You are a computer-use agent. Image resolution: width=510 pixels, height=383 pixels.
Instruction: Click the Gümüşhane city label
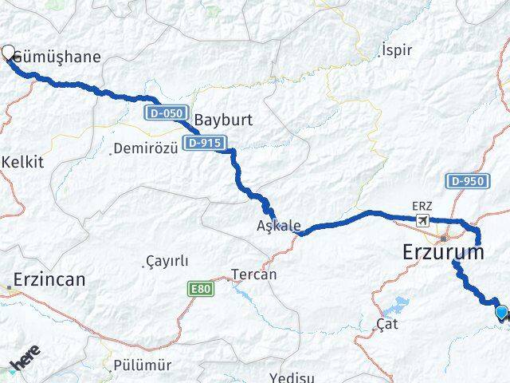[61, 57]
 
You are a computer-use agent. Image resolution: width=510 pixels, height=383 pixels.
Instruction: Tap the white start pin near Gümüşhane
[9, 53]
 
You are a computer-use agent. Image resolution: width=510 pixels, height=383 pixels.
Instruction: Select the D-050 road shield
[163, 113]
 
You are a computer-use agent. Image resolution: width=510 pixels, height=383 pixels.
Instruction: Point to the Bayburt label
[222, 120]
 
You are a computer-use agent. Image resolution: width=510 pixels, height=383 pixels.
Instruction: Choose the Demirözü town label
[143, 148]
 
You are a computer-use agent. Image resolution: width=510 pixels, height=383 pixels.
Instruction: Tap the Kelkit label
[23, 161]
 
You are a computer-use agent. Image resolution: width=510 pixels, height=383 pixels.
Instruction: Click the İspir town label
[397, 49]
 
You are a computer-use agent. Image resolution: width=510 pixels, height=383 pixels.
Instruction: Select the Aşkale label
[279, 226]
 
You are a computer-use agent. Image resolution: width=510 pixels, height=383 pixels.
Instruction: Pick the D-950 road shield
[467, 181]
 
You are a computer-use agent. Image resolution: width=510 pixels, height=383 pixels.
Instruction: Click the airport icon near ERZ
[422, 219]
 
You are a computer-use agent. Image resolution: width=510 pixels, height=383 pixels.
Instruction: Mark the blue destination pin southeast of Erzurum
[501, 313]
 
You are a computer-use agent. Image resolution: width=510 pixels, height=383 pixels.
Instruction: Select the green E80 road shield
[202, 289]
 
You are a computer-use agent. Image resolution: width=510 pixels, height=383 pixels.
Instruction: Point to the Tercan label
[253, 274]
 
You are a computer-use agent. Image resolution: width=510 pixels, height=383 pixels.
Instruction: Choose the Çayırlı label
[167, 262]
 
